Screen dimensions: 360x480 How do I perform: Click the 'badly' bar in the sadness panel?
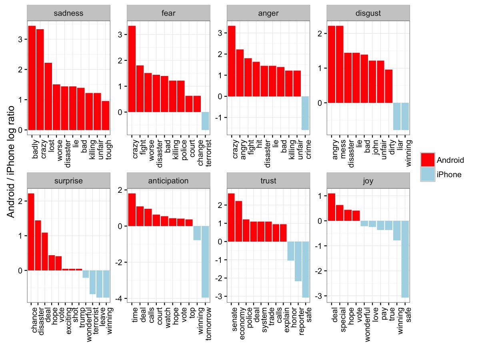coord(32,78)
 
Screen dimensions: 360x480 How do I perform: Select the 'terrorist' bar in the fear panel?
coord(205,121)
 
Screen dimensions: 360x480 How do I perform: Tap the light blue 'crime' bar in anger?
coord(305,113)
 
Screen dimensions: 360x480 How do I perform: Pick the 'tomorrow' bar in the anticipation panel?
coord(205,262)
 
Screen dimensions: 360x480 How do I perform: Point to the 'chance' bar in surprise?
coord(31,232)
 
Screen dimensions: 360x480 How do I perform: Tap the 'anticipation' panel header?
coord(168,180)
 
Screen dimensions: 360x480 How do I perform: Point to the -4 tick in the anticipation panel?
coord(121,299)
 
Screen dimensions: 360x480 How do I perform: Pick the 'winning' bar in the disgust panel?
coord(405,116)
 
